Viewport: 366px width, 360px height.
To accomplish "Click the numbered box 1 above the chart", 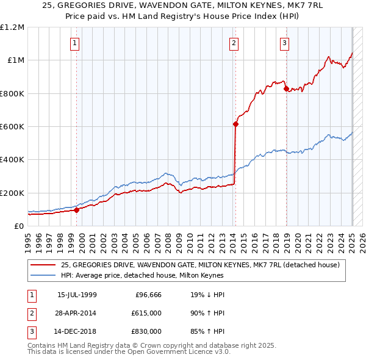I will click(74, 43).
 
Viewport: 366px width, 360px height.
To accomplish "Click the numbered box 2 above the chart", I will click(234, 43).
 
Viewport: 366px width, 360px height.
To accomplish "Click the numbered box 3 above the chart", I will click(285, 43).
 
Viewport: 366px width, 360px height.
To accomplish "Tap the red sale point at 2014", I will click(235, 124).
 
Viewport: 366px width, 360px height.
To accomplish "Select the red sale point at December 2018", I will click(286, 88).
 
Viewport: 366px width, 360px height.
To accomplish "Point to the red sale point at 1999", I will click(77, 210).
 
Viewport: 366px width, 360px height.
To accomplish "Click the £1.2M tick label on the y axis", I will click(12, 27).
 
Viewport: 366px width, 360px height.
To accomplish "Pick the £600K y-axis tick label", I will click(12, 127).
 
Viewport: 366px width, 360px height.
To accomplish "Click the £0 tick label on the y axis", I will click(18, 226).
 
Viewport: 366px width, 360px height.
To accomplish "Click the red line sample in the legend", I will click(43, 265).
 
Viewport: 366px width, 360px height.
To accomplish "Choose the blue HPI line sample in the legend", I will click(43, 275).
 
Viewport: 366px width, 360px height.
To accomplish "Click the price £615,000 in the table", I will click(146, 313).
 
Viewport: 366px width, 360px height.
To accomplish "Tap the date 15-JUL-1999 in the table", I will click(77, 295).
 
